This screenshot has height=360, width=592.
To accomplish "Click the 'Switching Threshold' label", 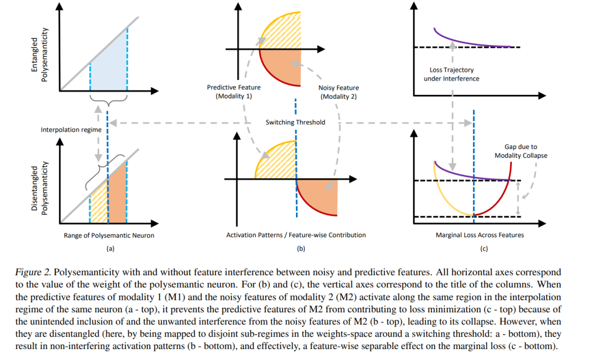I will tap(295, 122).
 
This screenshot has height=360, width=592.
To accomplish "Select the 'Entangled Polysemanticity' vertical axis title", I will tap(39, 59).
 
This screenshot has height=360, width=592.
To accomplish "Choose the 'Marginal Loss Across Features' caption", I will tap(480, 235).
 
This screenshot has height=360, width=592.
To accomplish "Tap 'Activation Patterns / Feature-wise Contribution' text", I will tap(296, 235).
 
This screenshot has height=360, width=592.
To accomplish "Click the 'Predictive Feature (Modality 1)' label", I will tap(234, 92).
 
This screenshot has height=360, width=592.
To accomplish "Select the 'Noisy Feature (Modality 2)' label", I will tap(338, 92).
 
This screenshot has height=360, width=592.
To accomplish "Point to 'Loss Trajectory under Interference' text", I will tap(452, 74).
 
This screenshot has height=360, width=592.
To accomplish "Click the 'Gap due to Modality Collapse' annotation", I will tap(521, 151).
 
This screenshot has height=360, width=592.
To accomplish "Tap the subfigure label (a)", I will tap(110, 249).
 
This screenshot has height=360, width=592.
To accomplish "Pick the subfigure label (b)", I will tap(300, 249).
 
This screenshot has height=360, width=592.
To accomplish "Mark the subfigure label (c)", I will tap(483, 249).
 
